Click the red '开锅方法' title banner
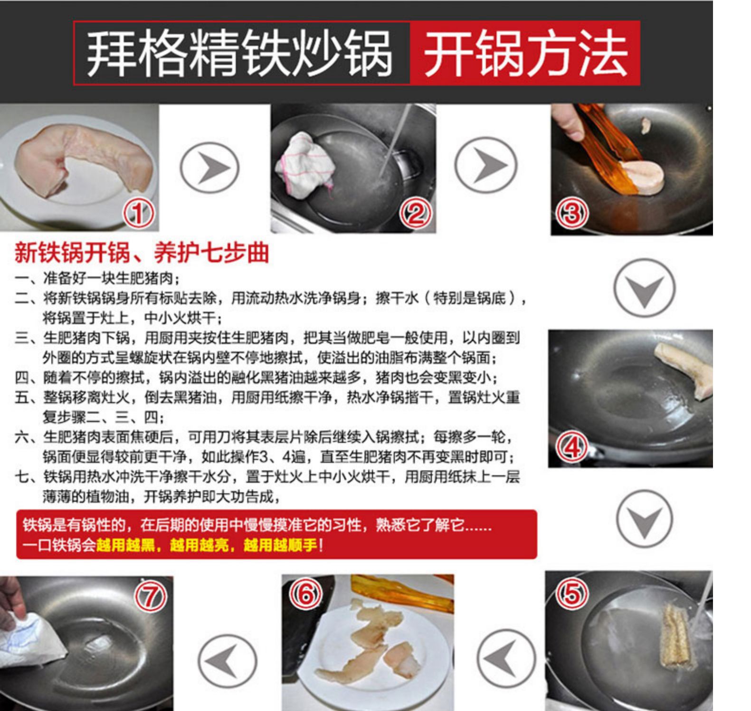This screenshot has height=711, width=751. pyautogui.click(x=525, y=53)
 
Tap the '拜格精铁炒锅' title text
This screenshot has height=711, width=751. pyautogui.click(x=239, y=53)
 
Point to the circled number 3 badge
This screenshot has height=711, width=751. pyautogui.click(x=571, y=213)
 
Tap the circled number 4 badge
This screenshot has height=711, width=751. pyautogui.click(x=571, y=447)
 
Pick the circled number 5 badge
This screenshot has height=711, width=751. pyautogui.click(x=571, y=593)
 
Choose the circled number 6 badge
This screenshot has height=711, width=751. pyautogui.click(x=305, y=594)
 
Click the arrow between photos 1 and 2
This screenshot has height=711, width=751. pyautogui.click(x=210, y=168)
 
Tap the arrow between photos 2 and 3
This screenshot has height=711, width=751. pyautogui.click(x=485, y=165)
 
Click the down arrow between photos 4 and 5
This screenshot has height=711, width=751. pyautogui.click(x=644, y=519)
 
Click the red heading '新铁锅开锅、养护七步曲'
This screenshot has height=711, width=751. pyautogui.click(x=142, y=253)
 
